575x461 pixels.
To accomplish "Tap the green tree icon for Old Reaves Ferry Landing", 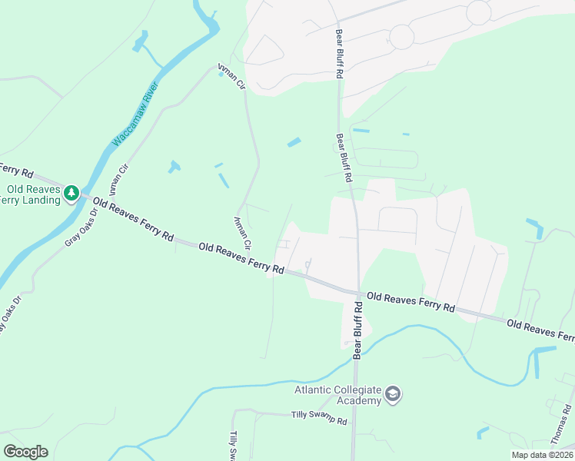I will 71,192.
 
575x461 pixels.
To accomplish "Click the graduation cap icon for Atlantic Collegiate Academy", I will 394,395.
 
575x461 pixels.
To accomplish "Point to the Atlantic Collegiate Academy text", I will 338,395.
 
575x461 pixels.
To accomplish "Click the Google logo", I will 25,451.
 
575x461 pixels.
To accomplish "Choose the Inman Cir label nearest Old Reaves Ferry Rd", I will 241,233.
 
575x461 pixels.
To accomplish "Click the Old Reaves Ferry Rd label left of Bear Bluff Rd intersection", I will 241,258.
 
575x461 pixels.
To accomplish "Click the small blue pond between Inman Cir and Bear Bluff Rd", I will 294,142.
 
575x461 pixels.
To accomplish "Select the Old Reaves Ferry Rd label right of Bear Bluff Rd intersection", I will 410,300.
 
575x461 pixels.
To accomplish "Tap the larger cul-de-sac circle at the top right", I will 478,11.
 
